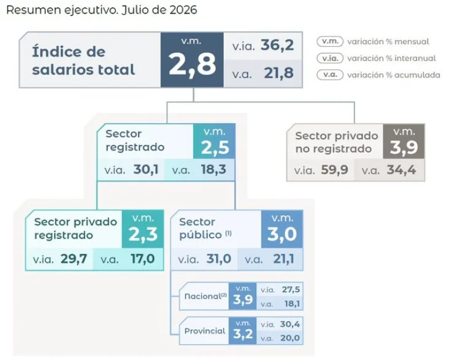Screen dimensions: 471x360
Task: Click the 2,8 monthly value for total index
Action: click(x=192, y=64)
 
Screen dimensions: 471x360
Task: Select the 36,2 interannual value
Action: click(x=277, y=45)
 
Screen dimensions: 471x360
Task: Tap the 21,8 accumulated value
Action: click(x=279, y=73)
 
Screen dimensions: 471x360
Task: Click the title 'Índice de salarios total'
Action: click(x=83, y=61)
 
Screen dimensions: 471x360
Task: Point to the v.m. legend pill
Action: click(x=330, y=42)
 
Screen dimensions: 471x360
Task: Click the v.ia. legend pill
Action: click(x=330, y=58)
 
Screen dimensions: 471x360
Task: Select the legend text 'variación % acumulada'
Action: click(x=394, y=75)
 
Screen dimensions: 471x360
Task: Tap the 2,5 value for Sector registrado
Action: click(x=215, y=147)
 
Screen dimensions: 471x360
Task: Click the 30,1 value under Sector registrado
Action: click(x=146, y=170)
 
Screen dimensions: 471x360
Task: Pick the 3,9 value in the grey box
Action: click(x=404, y=147)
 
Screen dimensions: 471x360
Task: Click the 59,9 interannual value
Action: click(x=334, y=170)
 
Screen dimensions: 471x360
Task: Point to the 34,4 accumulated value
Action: click(x=401, y=170)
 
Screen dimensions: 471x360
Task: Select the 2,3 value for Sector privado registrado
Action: click(x=143, y=234)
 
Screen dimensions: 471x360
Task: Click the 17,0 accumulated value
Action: click(x=143, y=259)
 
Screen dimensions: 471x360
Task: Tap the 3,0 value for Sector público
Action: click(x=281, y=234)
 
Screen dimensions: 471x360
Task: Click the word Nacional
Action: click(x=203, y=296)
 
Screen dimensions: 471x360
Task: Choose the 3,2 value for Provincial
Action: click(x=243, y=334)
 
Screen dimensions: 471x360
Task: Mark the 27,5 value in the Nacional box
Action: click(x=291, y=289)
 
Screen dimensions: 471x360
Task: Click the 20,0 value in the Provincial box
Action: click(x=290, y=338)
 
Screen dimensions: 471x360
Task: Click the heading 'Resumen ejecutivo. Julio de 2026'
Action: click(x=102, y=10)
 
